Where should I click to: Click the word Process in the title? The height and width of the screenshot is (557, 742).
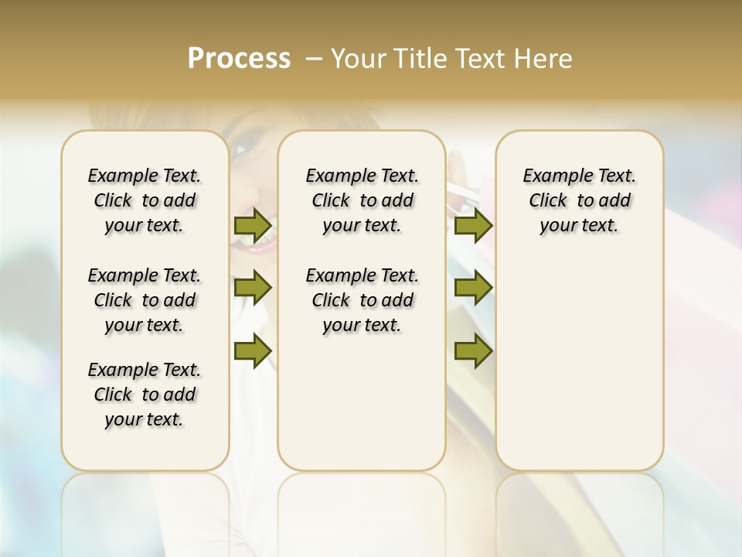[239, 59]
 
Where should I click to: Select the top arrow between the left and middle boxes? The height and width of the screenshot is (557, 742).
[253, 226]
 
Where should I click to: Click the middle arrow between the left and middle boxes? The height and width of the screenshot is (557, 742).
[253, 288]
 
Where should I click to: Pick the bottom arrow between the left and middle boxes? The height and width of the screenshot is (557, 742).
[253, 351]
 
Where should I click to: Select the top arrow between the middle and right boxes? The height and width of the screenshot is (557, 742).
[473, 226]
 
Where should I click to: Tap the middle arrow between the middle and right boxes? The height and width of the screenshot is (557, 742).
[473, 288]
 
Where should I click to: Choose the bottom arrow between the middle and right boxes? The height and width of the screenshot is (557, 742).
[473, 351]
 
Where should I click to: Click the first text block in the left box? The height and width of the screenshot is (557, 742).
[145, 200]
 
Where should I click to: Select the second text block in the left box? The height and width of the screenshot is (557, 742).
[145, 300]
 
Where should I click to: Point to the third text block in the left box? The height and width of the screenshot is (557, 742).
[145, 395]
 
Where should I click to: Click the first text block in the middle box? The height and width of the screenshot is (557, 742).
[362, 200]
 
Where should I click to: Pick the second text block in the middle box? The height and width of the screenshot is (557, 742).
[362, 300]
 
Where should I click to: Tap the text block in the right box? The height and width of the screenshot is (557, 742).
[580, 200]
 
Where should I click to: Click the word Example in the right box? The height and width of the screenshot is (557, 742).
[551, 176]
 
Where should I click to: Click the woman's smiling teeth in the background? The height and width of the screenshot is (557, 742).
[258, 241]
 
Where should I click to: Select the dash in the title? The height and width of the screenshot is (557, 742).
[314, 59]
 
